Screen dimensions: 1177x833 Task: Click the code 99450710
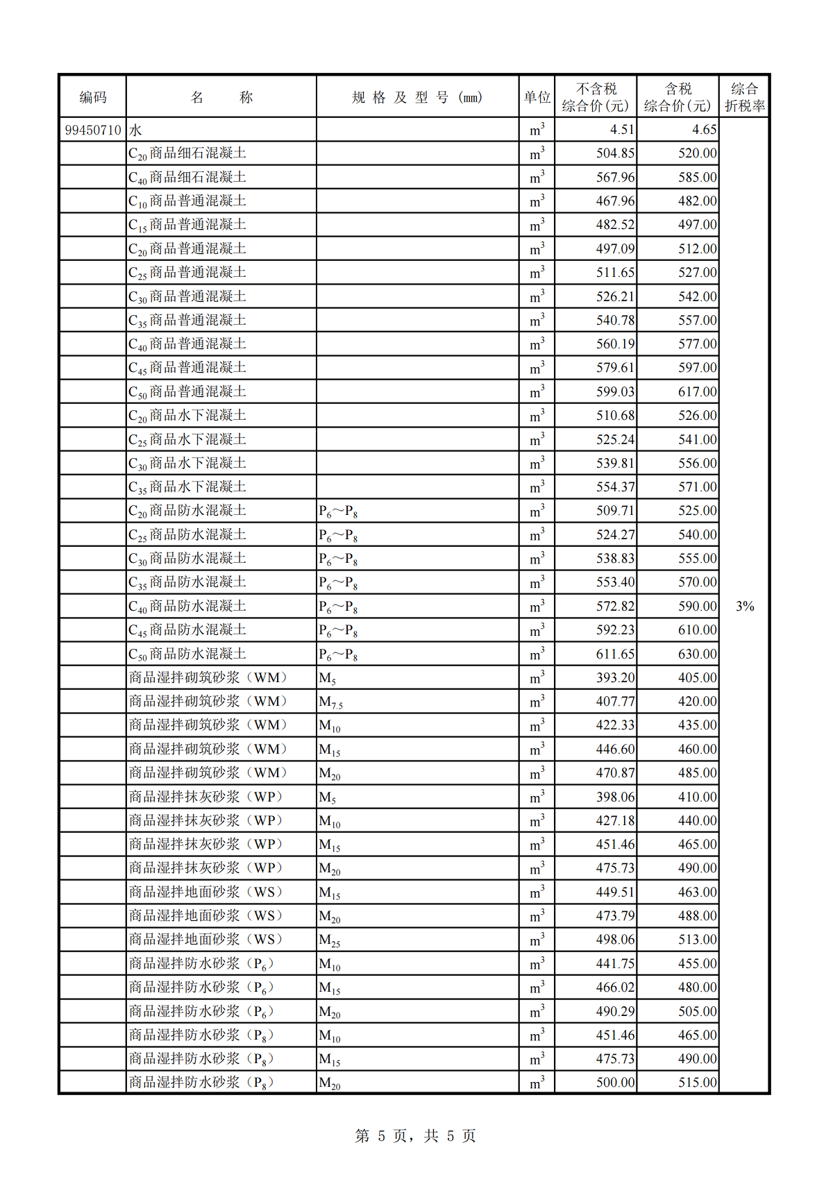click(x=93, y=130)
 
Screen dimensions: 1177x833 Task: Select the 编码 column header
click(x=93, y=97)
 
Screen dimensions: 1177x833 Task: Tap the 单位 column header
click(x=537, y=97)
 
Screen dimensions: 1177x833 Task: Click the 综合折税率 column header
click(x=744, y=97)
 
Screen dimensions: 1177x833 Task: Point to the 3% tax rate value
click(x=745, y=607)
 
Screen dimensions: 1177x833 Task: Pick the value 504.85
click(x=615, y=153)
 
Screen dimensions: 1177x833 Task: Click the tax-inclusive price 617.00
click(x=697, y=392)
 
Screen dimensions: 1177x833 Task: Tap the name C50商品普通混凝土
click(x=187, y=392)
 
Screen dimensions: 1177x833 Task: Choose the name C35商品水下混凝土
click(x=187, y=487)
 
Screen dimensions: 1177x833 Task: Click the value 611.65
click(x=615, y=654)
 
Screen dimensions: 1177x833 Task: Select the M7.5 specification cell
click(x=331, y=702)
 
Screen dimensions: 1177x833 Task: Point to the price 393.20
click(x=615, y=678)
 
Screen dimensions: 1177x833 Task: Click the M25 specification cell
click(x=330, y=940)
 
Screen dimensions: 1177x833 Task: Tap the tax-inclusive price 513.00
click(x=697, y=940)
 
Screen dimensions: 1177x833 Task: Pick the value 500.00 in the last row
click(x=615, y=1083)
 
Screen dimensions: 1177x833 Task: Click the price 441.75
click(x=615, y=964)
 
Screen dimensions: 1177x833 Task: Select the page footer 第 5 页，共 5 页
click(x=415, y=1136)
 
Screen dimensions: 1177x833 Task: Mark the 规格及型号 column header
click(x=416, y=97)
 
